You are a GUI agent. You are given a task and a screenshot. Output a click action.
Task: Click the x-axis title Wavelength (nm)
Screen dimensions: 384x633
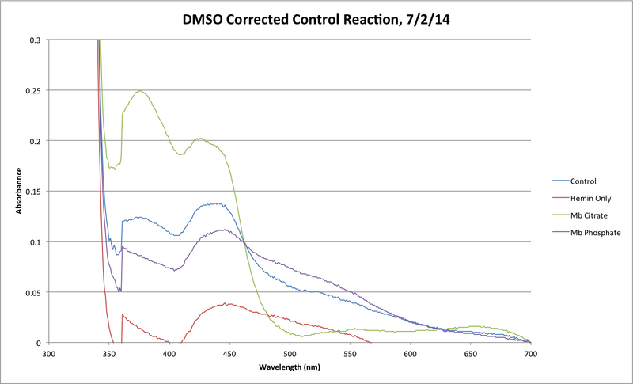point(289,368)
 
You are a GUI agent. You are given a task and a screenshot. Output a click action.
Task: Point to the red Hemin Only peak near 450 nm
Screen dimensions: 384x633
point(227,303)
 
